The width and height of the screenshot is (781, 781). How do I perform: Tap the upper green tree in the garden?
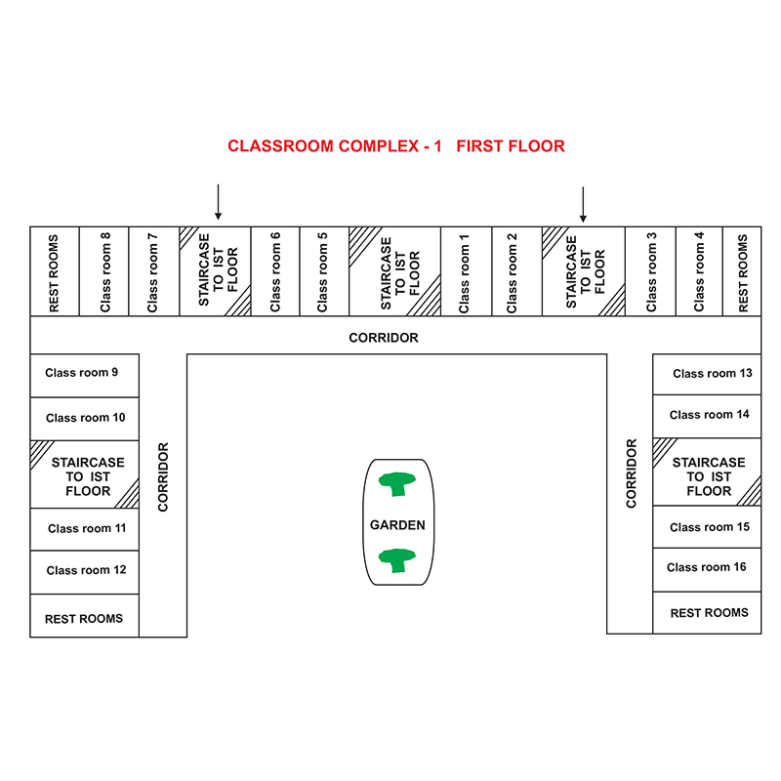pyautogui.click(x=397, y=483)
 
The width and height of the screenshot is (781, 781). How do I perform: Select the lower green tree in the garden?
pyautogui.click(x=397, y=560)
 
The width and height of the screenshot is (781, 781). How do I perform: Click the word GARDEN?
pyautogui.click(x=397, y=525)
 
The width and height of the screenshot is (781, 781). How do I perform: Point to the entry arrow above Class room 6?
pyautogui.click(x=218, y=202)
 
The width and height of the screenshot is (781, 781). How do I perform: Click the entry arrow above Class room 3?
pyautogui.click(x=583, y=204)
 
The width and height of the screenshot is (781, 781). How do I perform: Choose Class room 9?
pyautogui.click(x=82, y=373)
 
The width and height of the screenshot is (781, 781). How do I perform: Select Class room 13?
pyautogui.click(x=713, y=373)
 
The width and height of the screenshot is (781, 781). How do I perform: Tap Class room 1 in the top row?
pyautogui.click(x=464, y=273)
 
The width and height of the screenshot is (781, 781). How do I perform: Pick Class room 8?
pyautogui.click(x=105, y=272)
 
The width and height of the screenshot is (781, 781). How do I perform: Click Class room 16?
pyautogui.click(x=706, y=567)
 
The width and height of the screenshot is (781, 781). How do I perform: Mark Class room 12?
pyautogui.click(x=86, y=570)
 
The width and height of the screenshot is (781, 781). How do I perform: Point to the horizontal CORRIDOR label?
pyautogui.click(x=384, y=338)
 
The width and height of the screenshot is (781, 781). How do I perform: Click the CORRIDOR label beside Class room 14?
pyautogui.click(x=631, y=473)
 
